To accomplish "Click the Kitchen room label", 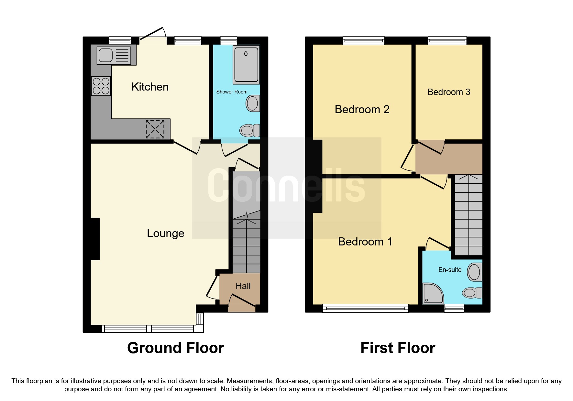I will (150, 87).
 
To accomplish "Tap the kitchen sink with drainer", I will (114, 55).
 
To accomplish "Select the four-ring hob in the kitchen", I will (101, 86).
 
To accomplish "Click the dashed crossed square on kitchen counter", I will (155, 129).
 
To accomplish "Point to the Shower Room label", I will (232, 92).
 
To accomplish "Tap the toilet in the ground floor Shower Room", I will (249, 131).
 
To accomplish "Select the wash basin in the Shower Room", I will (253, 103).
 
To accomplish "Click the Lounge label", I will (165, 233).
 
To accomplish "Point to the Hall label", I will (243, 286).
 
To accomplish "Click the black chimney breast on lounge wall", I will (95, 239).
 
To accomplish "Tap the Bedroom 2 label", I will (362, 109).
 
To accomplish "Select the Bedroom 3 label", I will (448, 92).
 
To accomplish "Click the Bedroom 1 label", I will (365, 242).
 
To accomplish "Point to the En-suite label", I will (450, 270).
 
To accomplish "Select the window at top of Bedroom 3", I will (447, 40).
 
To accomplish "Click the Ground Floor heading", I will (175, 348).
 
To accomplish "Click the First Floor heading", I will (398, 348).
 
